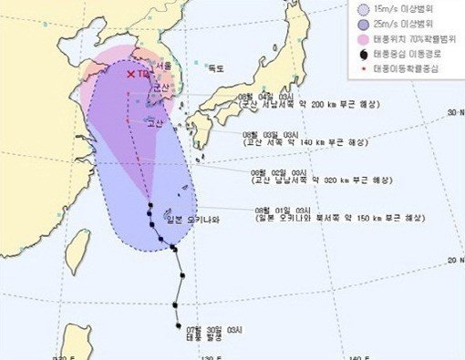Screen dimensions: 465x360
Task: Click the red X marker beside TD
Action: pos(131,74)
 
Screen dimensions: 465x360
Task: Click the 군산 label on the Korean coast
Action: pos(160,87)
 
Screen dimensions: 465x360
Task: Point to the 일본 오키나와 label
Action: pos(188,219)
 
